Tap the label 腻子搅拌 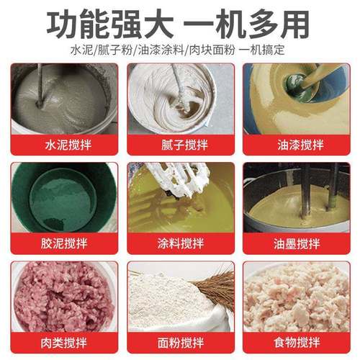click(180, 145)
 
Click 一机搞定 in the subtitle click(263, 51)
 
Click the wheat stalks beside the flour click(216, 288)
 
